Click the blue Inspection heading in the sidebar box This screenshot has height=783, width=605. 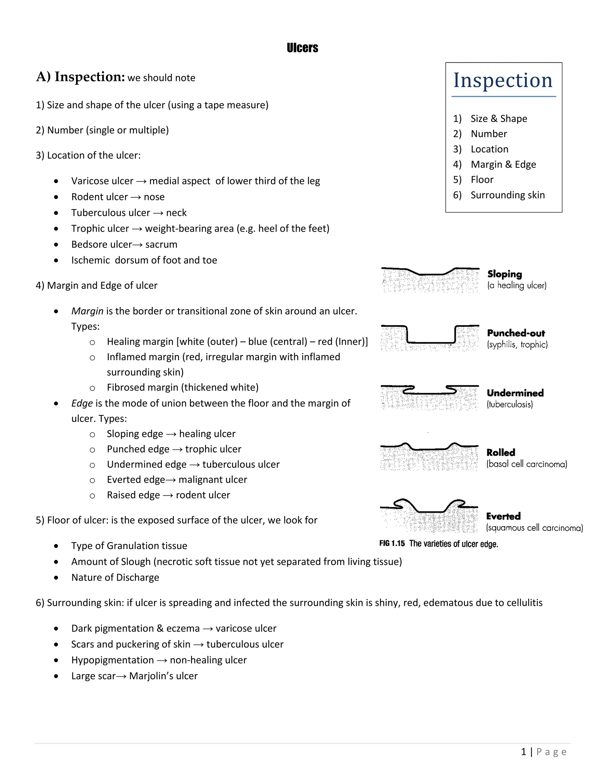(x=503, y=80)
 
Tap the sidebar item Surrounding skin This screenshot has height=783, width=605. (x=507, y=195)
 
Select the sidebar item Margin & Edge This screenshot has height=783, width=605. (x=503, y=164)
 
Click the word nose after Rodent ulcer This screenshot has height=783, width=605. (x=154, y=197)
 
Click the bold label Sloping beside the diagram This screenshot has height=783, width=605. (x=504, y=274)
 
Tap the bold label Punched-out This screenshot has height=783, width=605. (x=516, y=333)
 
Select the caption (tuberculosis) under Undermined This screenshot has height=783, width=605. (x=510, y=405)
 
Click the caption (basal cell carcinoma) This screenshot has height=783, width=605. (x=526, y=464)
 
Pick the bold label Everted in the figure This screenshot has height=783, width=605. (x=503, y=516)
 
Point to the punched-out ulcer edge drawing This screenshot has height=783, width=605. (x=430, y=337)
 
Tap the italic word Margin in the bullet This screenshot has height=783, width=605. (x=87, y=311)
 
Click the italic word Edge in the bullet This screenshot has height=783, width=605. (x=82, y=403)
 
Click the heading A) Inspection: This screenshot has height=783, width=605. (x=80, y=77)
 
